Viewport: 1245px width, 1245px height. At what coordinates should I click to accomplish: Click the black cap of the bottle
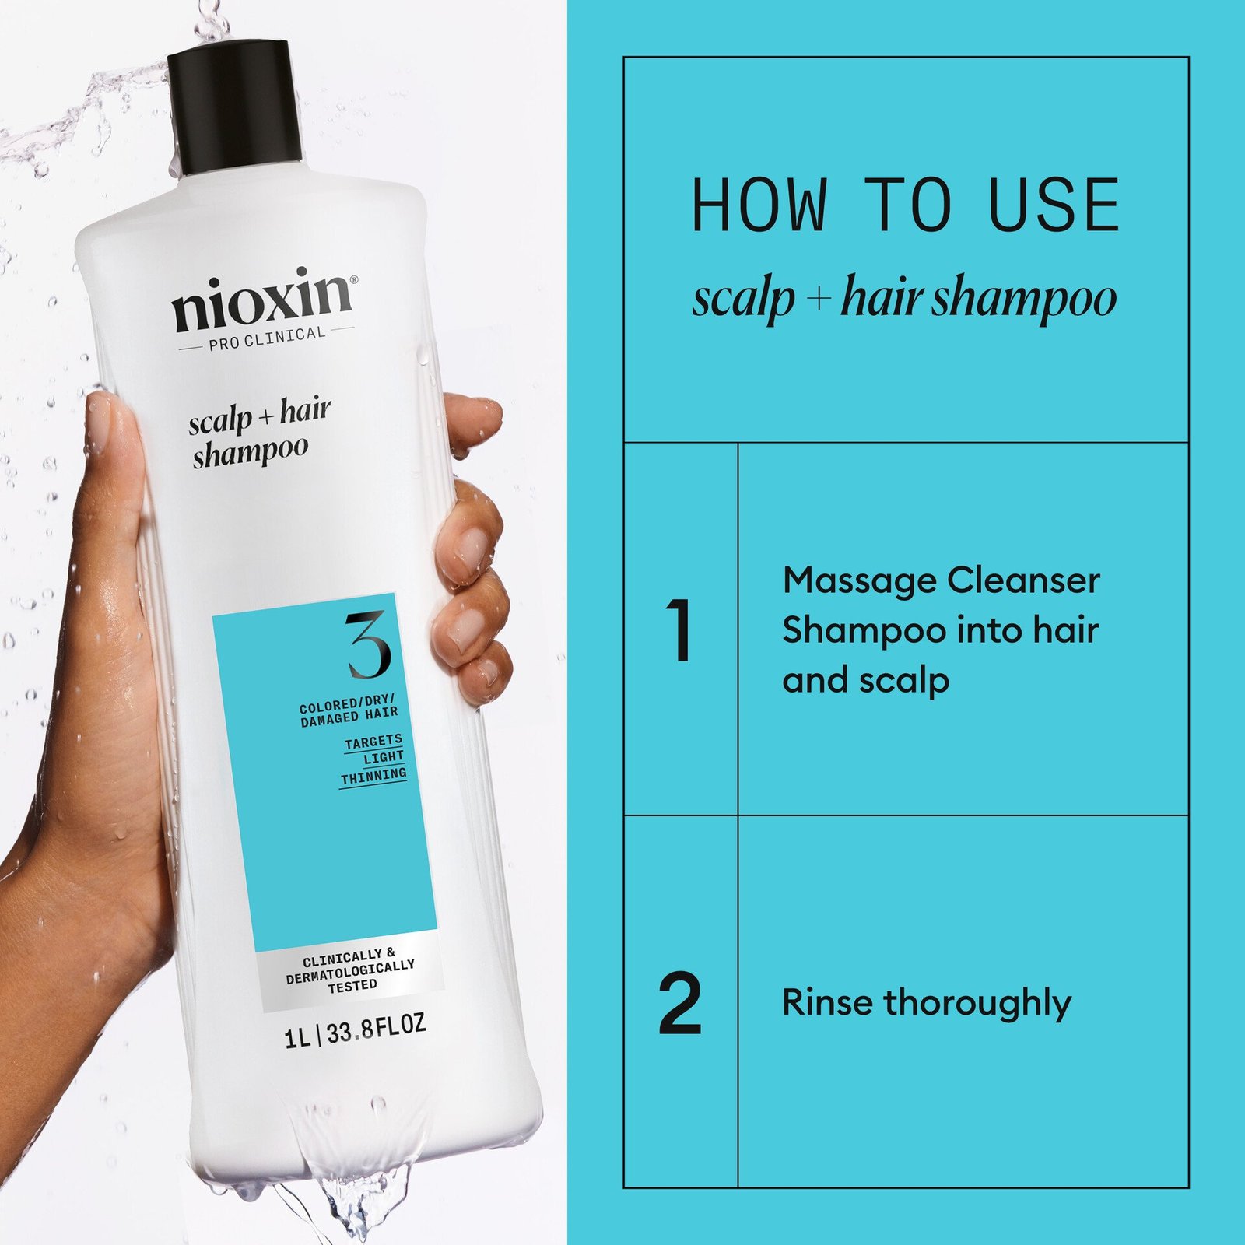click(235, 109)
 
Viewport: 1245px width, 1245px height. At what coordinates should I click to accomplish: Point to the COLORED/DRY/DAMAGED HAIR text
click(349, 712)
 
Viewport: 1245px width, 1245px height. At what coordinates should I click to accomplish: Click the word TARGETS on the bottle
click(373, 742)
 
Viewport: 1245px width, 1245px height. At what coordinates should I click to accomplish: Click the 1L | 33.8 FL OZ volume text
click(355, 1032)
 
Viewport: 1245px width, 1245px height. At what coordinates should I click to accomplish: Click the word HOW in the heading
click(758, 205)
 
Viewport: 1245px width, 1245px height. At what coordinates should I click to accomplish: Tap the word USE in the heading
click(1054, 205)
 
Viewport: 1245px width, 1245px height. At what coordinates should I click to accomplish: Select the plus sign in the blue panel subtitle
click(817, 299)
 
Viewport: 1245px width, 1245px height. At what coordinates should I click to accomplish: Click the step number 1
click(680, 630)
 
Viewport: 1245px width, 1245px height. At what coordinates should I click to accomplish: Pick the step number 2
click(680, 1004)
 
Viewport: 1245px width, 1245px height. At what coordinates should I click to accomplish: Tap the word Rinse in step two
click(826, 1002)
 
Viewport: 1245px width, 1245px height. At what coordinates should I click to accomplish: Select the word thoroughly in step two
click(977, 1004)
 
